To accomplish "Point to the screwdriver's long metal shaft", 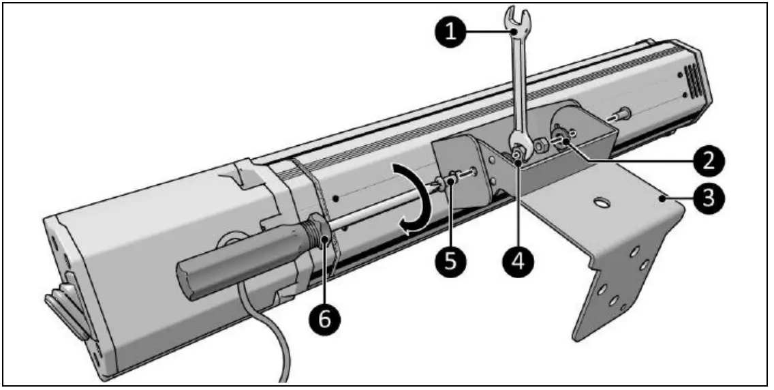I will tap(382, 205).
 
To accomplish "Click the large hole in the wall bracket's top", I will tap(600, 202).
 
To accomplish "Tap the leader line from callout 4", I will tap(519, 205).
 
